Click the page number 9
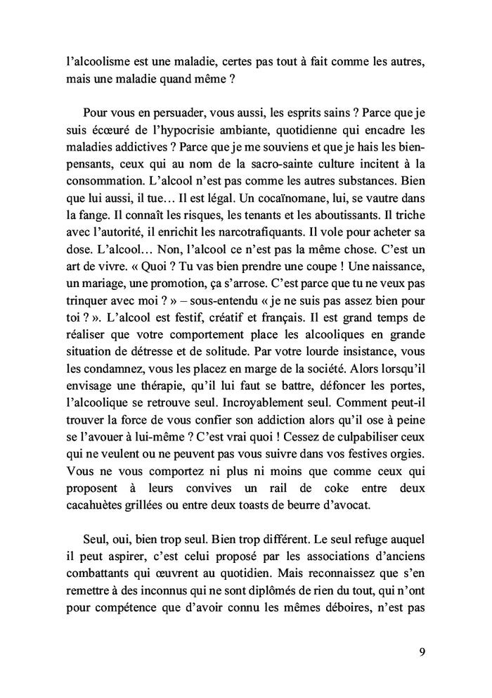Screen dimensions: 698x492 (x=421, y=651)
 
